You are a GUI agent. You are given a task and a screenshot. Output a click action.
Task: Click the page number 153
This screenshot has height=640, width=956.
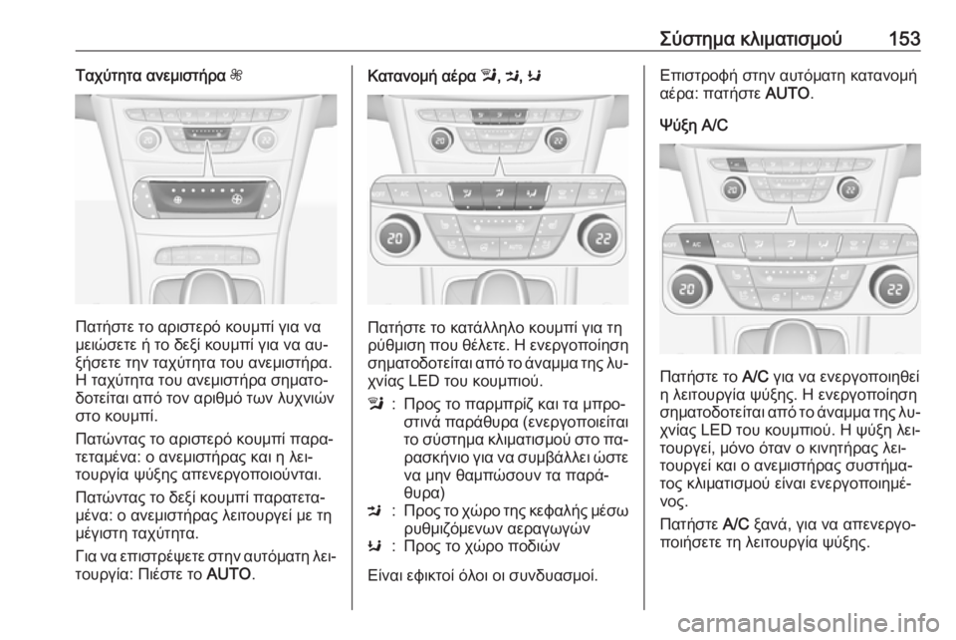click(x=904, y=39)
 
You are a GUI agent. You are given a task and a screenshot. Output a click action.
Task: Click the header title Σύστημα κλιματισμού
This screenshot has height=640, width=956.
click(x=751, y=39)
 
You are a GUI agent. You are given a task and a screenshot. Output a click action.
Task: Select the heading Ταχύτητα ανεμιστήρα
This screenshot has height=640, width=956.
click(x=150, y=77)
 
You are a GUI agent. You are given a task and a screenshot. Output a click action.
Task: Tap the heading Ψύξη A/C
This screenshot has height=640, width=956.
click(x=693, y=126)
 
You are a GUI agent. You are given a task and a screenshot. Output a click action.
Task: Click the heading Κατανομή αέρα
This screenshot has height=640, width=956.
click(x=421, y=77)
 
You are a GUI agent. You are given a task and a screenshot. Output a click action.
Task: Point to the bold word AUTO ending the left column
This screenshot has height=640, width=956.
click(x=229, y=574)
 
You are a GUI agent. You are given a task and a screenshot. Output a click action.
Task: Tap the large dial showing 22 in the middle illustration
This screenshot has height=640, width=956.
click(x=600, y=237)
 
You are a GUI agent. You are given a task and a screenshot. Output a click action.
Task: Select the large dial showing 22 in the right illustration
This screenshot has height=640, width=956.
click(x=894, y=287)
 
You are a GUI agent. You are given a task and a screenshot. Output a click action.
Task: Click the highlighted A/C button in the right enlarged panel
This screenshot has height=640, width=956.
click(x=693, y=244)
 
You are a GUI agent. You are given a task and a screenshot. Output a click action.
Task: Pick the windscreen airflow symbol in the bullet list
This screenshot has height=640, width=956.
click(x=374, y=406)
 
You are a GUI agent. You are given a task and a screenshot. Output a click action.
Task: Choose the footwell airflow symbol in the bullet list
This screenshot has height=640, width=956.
click(x=374, y=546)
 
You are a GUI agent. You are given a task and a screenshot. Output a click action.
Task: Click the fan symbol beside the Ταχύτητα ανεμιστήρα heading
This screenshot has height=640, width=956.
click(x=237, y=77)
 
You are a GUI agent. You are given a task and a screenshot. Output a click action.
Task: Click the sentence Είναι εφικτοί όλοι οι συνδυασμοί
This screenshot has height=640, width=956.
click(x=482, y=575)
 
